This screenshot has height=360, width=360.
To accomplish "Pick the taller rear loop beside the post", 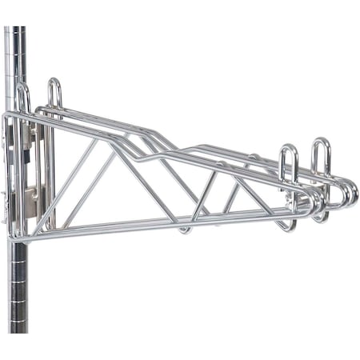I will click(x=54, y=92).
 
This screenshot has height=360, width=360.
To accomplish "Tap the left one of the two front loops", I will click(x=289, y=164).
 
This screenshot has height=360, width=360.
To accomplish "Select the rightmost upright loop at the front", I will click(x=321, y=156).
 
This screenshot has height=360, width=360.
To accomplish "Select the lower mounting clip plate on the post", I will click(x=32, y=195).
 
